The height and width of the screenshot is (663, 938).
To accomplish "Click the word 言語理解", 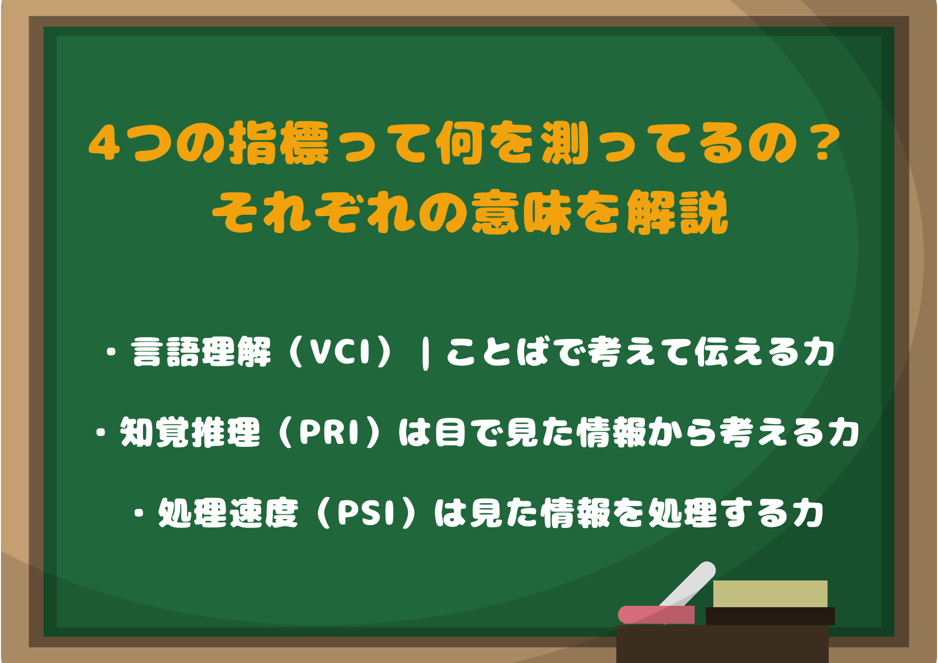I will tap(201, 352).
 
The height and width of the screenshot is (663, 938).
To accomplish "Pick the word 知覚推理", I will tap(190, 432).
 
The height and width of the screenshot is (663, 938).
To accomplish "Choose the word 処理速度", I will tap(228, 513).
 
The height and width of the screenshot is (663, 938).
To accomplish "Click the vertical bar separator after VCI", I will tap(425, 354).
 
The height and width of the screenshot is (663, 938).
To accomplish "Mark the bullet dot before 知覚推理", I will tap(100, 432).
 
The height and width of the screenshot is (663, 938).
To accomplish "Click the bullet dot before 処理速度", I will tap(138, 513).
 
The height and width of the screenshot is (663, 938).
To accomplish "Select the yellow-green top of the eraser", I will tap(770, 594).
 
